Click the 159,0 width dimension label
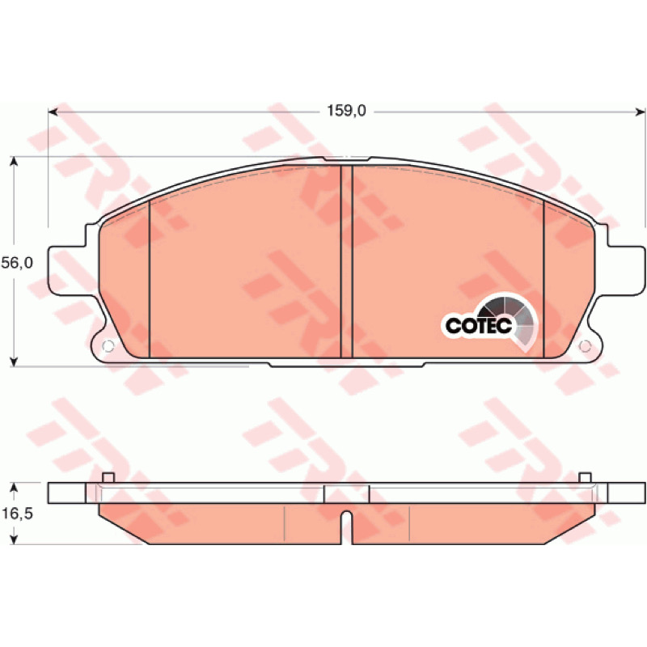click(x=346, y=111)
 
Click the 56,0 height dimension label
click(x=17, y=263)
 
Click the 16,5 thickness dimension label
click(x=17, y=514)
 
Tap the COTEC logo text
click(x=479, y=326)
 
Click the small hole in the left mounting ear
click(x=108, y=346)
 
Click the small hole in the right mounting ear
click(x=585, y=346)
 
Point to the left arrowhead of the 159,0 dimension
click(x=53, y=112)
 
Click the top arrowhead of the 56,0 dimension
click(x=14, y=161)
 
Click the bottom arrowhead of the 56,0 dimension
click(x=14, y=362)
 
